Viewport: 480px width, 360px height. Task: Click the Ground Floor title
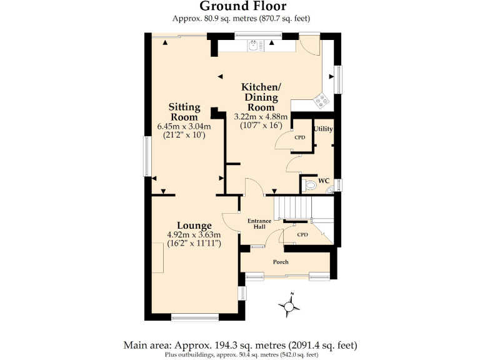(242, 6)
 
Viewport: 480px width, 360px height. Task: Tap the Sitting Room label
(185, 112)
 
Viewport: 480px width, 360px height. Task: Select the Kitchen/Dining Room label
(261, 96)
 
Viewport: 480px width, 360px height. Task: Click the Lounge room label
(194, 226)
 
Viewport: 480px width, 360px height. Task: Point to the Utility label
(323, 129)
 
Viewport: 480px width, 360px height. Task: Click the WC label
(324, 181)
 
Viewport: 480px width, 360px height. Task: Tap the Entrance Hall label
(259, 224)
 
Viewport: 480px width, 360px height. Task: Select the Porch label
(281, 262)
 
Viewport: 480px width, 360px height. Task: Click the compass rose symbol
(289, 306)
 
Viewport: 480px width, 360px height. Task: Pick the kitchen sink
(256, 44)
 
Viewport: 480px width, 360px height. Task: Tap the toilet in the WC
(309, 185)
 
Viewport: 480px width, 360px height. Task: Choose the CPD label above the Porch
(302, 235)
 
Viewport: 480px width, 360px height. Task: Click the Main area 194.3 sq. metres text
(240, 345)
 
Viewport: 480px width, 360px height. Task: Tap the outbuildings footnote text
(241, 354)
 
